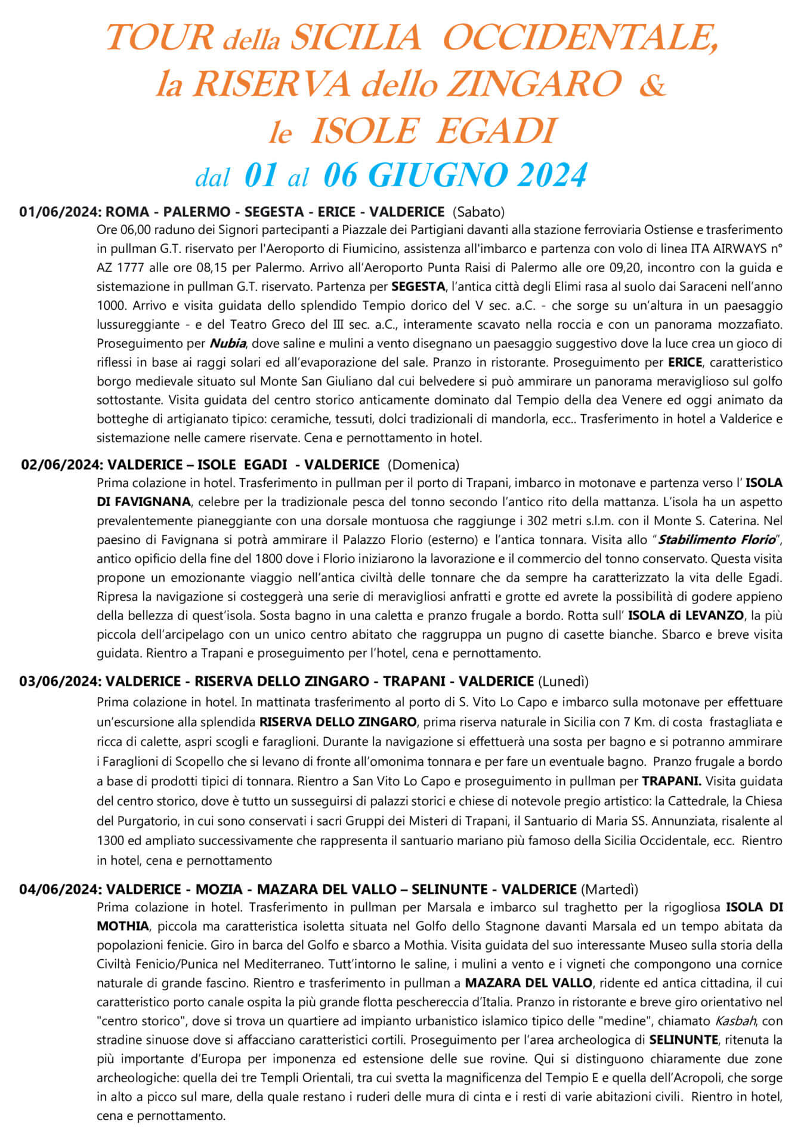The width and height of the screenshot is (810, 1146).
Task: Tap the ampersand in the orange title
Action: (651, 85)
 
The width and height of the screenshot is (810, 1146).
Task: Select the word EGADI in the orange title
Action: (493, 131)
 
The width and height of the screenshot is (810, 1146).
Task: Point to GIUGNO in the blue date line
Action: (440, 175)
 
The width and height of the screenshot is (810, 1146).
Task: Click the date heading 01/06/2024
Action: (61, 211)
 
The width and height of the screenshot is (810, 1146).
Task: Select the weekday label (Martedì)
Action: (609, 889)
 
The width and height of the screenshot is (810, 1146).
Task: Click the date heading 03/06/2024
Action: (61, 681)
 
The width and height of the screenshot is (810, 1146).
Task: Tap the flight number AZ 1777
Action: (122, 268)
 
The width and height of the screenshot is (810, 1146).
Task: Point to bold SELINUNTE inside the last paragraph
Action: (684, 1040)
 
